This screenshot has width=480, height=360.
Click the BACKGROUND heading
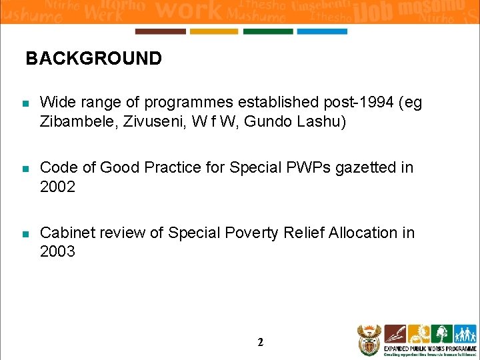pyautogui.click(x=93, y=59)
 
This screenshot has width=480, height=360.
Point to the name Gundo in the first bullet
pyautogui.click(x=272, y=122)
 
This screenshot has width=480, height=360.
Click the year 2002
pyautogui.click(x=58, y=187)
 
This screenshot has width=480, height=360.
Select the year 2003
pyautogui.click(x=58, y=251)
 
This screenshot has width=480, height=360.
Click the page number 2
pyautogui.click(x=260, y=343)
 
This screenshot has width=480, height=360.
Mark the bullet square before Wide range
pyautogui.click(x=25, y=104)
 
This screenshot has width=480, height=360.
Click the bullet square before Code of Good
pyautogui.click(x=25, y=169)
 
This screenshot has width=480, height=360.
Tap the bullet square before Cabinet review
pyautogui.click(x=25, y=234)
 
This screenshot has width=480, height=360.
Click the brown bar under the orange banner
pyautogui.click(x=160, y=31)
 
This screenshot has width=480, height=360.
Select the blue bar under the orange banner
pyautogui.click(x=322, y=31)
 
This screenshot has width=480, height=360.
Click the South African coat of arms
pyautogui.click(x=368, y=340)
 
